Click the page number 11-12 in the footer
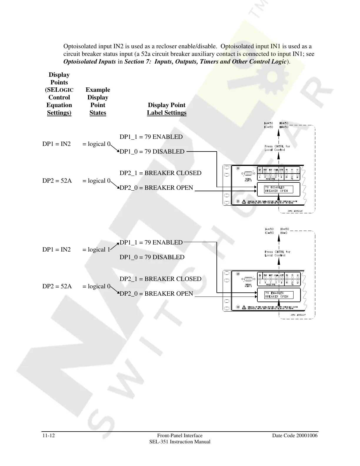tap(49, 436)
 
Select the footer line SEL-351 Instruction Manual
tap(180, 442)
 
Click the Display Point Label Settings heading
tap(166, 109)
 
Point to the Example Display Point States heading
tap(98, 101)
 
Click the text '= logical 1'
tap(96, 250)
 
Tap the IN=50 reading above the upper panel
tap(284, 127)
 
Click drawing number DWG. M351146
tap(295, 211)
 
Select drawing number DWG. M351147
tap(295, 315)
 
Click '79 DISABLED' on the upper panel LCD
tap(275, 187)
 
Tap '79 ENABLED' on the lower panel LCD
tap(274, 293)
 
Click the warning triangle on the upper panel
tap(244, 202)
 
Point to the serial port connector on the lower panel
tap(249, 279)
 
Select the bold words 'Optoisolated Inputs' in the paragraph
tap(89, 61)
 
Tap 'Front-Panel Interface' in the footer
tap(180, 436)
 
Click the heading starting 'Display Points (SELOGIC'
tap(59, 94)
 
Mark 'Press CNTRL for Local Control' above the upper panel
tap(277, 148)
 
